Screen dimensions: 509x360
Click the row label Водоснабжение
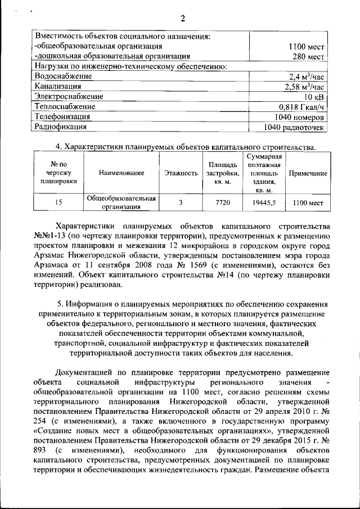(x=63, y=76)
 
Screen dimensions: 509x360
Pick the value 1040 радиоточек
(x=295, y=127)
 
